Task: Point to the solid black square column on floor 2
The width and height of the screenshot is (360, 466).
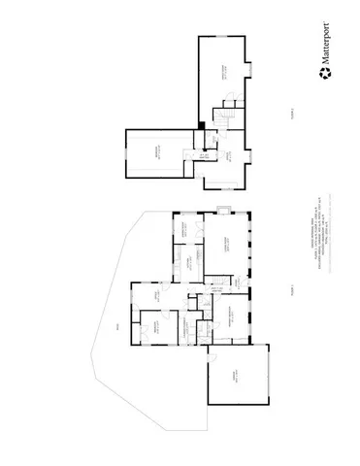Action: pos(201,124)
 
